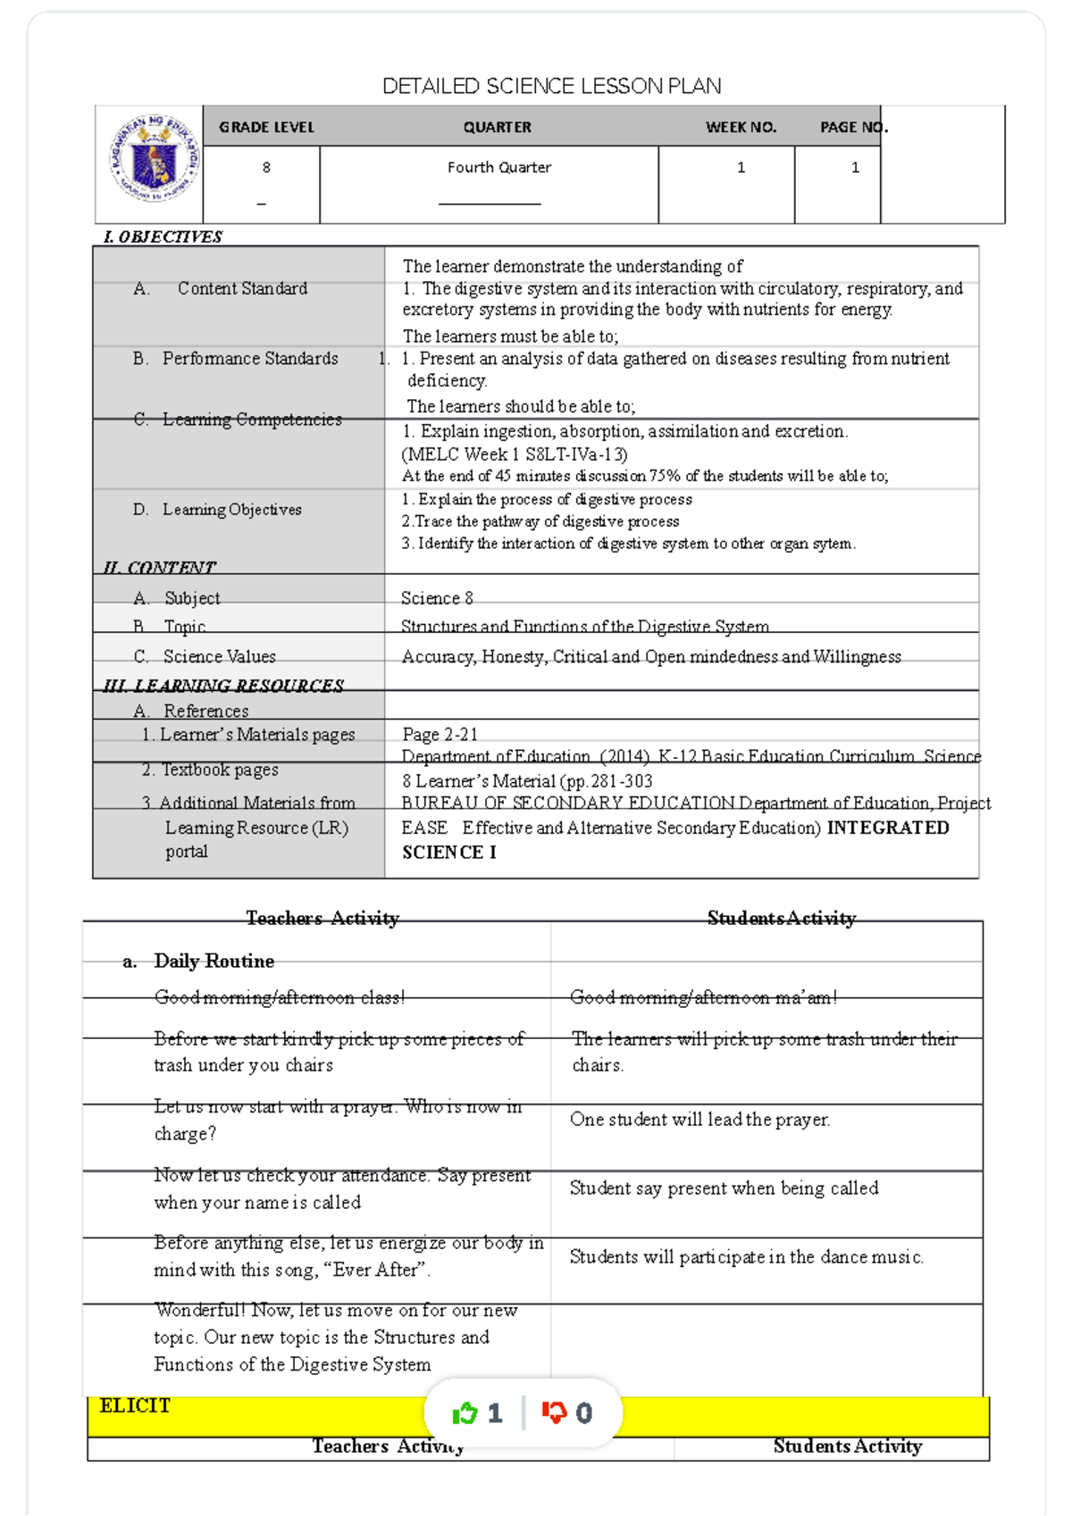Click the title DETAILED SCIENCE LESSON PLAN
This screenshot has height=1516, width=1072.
click(x=551, y=87)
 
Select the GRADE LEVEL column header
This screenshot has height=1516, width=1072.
click(x=266, y=127)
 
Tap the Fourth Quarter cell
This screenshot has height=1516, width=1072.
click(x=498, y=167)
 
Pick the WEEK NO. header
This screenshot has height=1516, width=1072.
click(x=741, y=127)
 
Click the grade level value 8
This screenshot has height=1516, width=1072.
click(x=266, y=167)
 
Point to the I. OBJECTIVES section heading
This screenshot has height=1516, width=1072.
click(x=163, y=237)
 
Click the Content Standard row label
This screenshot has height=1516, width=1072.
click(x=241, y=288)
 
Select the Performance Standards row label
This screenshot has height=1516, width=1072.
click(x=249, y=358)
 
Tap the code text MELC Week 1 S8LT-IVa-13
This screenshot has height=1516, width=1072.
click(x=515, y=454)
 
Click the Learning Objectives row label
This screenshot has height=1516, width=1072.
click(x=231, y=509)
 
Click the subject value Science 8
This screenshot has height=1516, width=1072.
click(x=437, y=598)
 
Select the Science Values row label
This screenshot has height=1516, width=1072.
click(x=219, y=656)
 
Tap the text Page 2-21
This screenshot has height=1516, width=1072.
click(x=440, y=734)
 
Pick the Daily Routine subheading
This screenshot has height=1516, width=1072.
click(x=214, y=961)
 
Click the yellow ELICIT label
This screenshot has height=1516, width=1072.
click(x=135, y=1405)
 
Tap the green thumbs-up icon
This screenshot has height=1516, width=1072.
click(x=465, y=1412)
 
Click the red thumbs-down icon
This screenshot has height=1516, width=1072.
click(x=554, y=1412)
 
